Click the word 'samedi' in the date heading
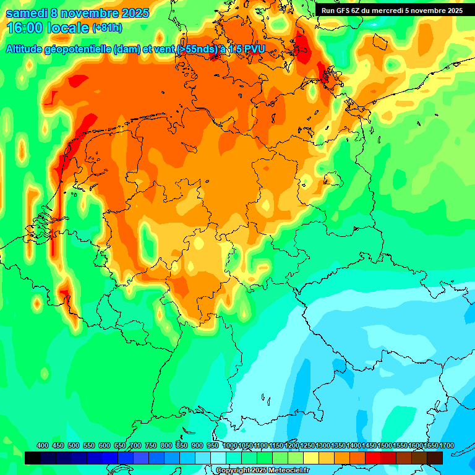tap(28, 13)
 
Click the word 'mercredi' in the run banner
tap(394, 11)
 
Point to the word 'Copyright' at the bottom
tap(233, 471)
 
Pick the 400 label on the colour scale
tap(43, 445)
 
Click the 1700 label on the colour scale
tap(446, 445)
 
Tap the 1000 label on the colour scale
tap(229, 445)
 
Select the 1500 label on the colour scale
tap(384, 445)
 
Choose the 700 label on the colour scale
tap(135, 445)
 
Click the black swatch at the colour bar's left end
tap(33, 458)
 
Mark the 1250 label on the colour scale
tap(307, 445)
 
